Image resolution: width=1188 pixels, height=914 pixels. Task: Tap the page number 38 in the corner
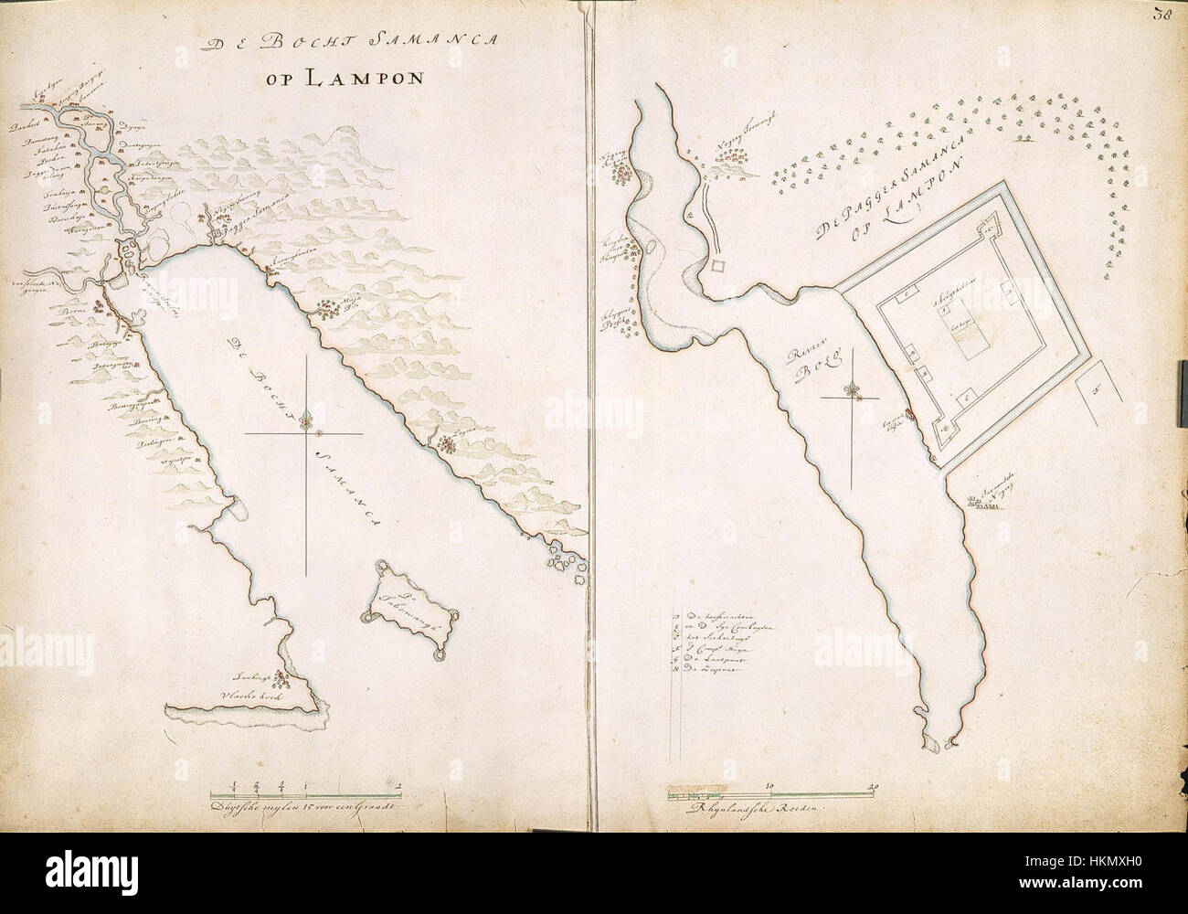pos(1162,14)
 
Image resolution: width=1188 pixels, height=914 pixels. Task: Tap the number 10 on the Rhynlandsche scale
pos(769,784)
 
